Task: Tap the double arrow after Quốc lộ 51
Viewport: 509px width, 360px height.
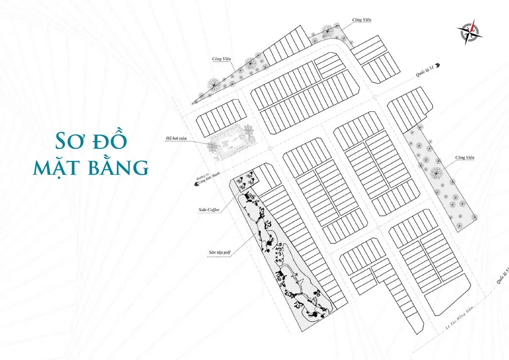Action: [437, 66]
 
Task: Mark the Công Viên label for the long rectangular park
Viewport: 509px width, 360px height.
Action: [465, 157]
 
